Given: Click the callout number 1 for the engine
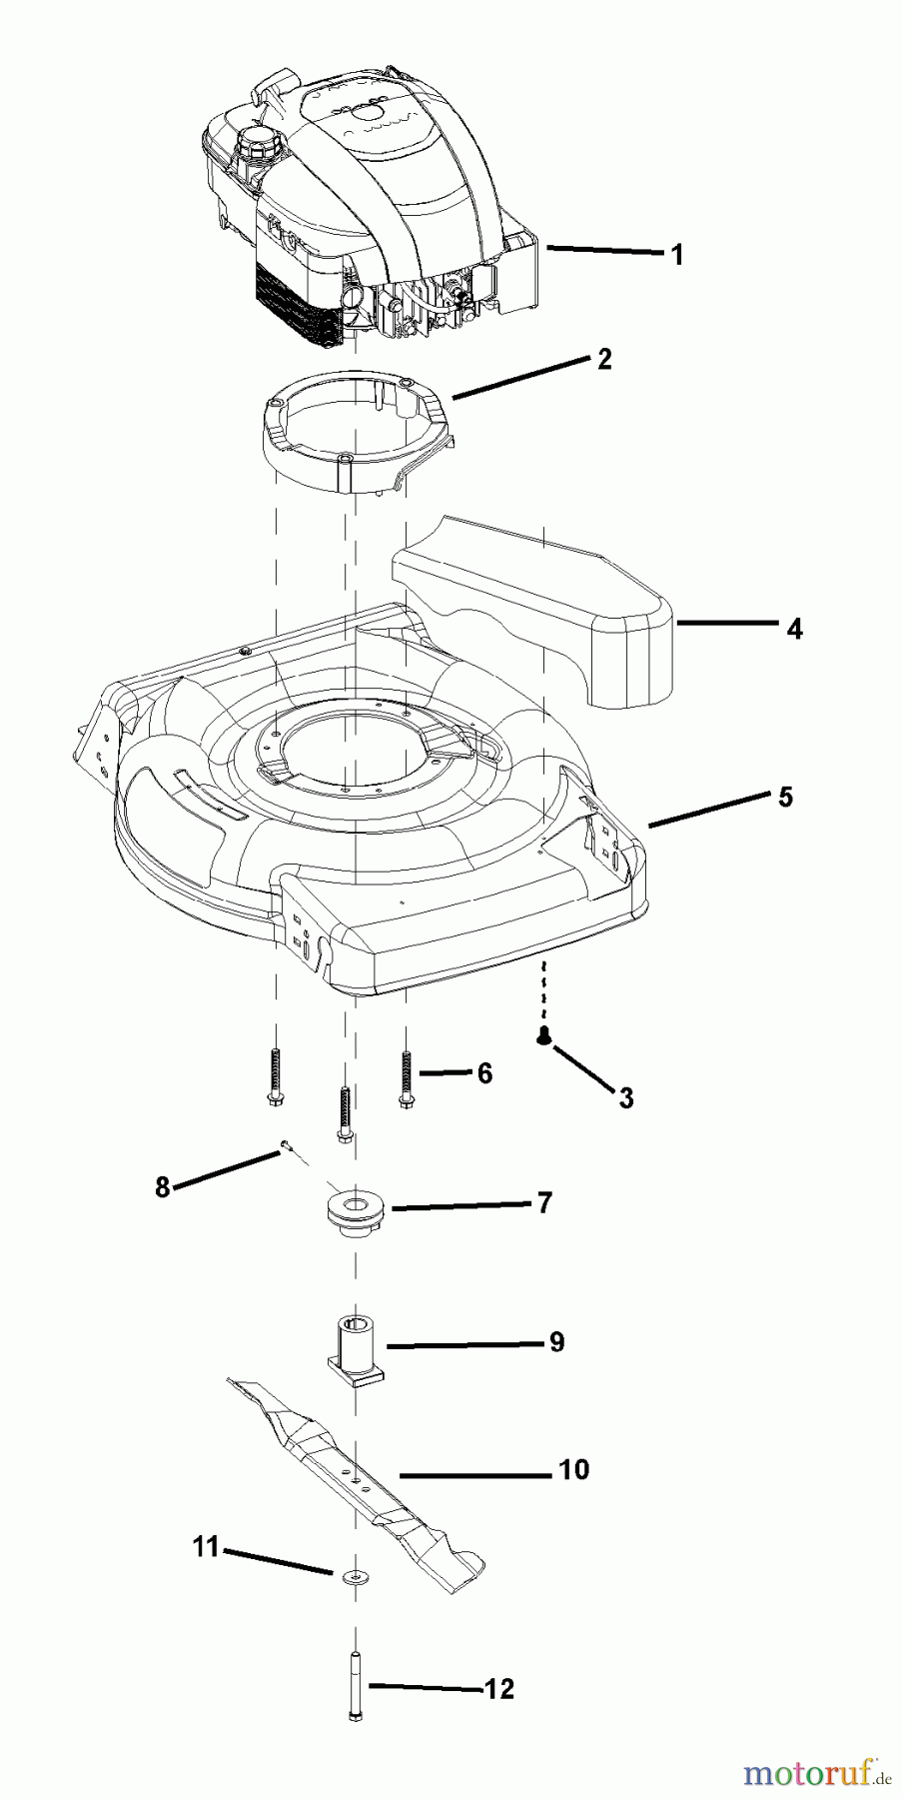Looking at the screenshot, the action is click(x=677, y=255).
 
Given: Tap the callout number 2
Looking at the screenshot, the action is click(x=604, y=359).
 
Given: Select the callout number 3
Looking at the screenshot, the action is click(x=626, y=1098).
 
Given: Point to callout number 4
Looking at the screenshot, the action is click(x=794, y=629).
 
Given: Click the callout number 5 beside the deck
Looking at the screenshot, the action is click(x=785, y=797).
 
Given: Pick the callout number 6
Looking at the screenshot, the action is click(x=484, y=1073).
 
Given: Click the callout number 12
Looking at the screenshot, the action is click(x=499, y=1689).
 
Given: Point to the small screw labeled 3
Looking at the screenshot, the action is click(x=543, y=1036).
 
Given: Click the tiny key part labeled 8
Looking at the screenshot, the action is click(x=284, y=1144).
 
